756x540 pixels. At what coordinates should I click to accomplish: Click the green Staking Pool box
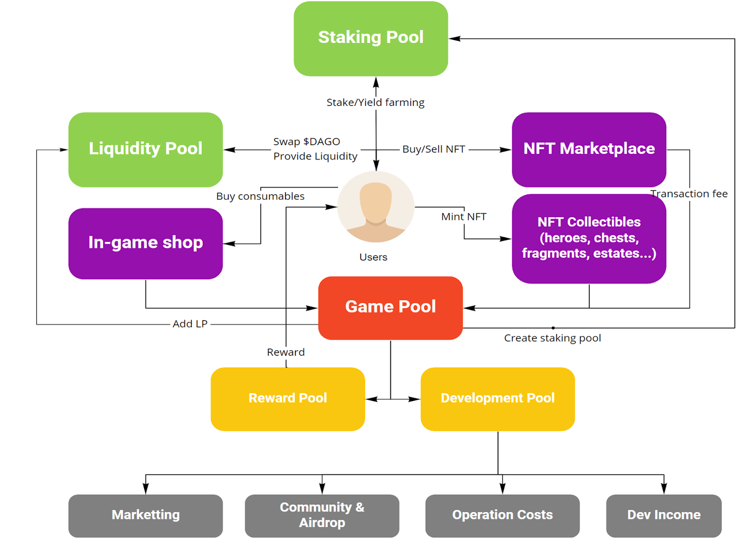(371, 38)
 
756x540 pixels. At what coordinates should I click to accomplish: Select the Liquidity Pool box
(146, 149)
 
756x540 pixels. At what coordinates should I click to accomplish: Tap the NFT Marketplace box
(589, 149)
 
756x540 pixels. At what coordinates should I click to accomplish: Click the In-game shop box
(146, 243)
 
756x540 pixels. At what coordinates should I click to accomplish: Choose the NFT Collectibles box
(589, 238)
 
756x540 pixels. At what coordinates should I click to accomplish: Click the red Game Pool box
(390, 308)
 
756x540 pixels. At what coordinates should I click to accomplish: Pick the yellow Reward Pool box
(288, 399)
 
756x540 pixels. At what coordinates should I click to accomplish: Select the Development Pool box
(498, 399)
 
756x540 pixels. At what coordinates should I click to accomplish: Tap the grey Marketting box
(146, 515)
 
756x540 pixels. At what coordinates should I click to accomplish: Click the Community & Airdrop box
(322, 515)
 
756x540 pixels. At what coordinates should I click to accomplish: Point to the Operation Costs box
(502, 515)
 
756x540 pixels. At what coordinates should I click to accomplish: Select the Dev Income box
(663, 515)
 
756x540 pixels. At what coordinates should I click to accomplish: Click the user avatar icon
(376, 207)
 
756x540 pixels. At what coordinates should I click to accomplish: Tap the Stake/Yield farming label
(375, 103)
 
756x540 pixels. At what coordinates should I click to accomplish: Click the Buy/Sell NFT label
(433, 149)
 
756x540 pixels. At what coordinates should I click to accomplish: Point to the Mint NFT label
(464, 217)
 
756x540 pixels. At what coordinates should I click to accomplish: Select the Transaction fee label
(689, 194)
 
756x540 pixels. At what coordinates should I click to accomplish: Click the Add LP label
(190, 324)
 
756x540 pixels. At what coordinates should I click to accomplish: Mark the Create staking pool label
(552, 338)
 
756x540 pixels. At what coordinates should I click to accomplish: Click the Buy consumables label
(260, 197)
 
